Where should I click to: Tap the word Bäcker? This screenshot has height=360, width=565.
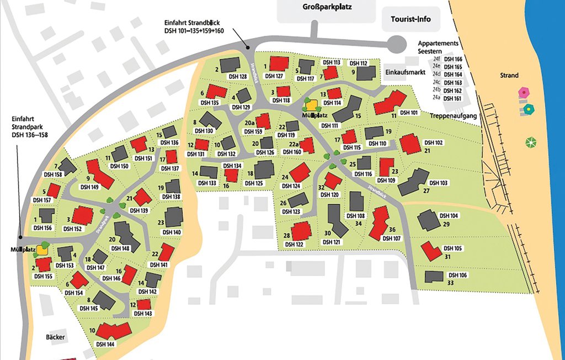pyautogui.click(x=56, y=336)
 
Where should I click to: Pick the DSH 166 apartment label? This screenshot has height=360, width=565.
pyautogui.click(x=453, y=59)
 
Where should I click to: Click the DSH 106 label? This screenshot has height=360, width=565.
pyautogui.click(x=457, y=275)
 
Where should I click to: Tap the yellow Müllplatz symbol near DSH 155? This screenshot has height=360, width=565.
pyautogui.click(x=42, y=248)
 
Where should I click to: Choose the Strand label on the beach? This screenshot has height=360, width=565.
pyautogui.click(x=509, y=75)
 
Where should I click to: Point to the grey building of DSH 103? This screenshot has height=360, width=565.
pyautogui.click(x=413, y=182)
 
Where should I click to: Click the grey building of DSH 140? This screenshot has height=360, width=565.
pyautogui.click(x=174, y=217)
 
